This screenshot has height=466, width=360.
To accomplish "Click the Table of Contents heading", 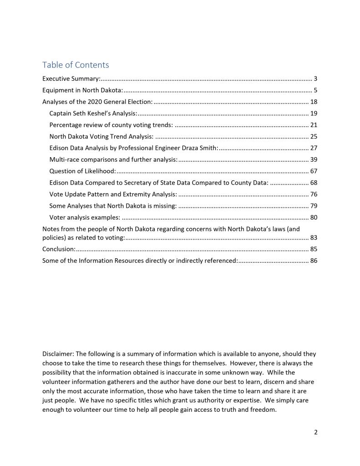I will [76, 65].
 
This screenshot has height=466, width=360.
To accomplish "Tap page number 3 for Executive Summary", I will [315, 79].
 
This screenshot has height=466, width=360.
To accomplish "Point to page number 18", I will [313, 102].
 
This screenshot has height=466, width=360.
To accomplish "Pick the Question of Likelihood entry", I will [82, 171].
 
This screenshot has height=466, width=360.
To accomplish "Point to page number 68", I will [313, 183].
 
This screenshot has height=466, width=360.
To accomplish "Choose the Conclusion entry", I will [59, 249].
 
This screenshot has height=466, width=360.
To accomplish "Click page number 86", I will [313, 261].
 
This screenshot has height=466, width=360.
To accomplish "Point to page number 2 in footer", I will [315, 432].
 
